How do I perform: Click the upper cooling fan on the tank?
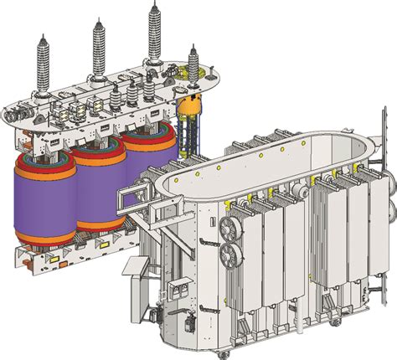pos(226,228)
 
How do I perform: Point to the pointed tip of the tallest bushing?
pos(155,3)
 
